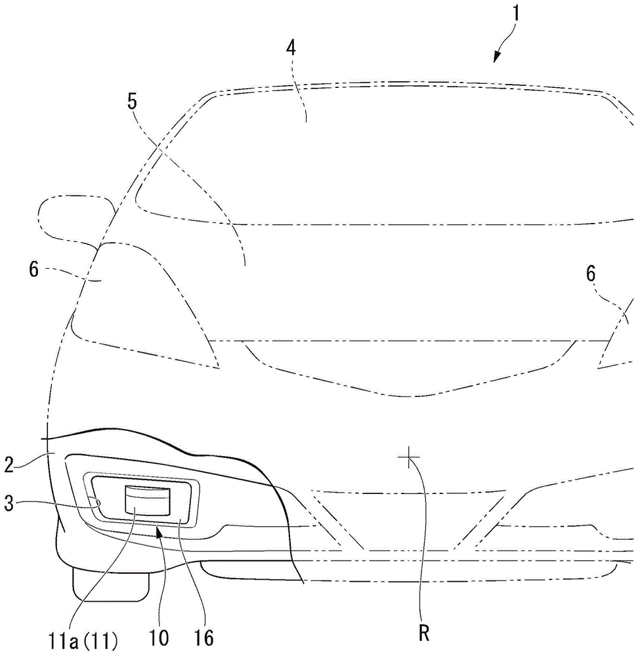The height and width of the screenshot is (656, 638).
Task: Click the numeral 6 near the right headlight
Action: pos(591,275)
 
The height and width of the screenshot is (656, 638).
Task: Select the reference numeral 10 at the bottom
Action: pos(159,636)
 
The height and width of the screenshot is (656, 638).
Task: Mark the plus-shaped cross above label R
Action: pos(408,459)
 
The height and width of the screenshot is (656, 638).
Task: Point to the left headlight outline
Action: pos(144,302)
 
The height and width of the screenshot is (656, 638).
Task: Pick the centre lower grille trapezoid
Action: pos(407,518)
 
